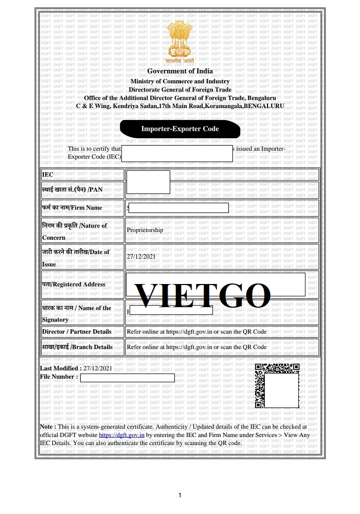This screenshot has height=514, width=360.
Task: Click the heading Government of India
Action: click(x=180, y=71)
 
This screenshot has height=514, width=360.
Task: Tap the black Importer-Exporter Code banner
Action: click(x=180, y=129)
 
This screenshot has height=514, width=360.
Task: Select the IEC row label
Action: click(x=48, y=175)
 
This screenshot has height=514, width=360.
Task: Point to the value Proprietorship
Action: click(x=145, y=230)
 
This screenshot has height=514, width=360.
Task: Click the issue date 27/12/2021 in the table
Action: click(x=141, y=256)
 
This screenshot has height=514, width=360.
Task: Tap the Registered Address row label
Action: click(x=74, y=284)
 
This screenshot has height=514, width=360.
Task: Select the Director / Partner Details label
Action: click(x=77, y=332)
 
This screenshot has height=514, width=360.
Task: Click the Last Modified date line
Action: click(x=76, y=368)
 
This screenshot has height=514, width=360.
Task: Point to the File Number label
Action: click(x=59, y=377)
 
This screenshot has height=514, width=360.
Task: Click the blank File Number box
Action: click(x=127, y=378)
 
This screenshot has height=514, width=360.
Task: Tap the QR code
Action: click(x=277, y=386)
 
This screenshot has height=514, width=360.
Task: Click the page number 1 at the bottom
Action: click(x=180, y=495)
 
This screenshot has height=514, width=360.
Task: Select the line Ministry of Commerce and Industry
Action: click(x=180, y=81)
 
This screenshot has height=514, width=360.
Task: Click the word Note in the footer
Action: click(x=48, y=427)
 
